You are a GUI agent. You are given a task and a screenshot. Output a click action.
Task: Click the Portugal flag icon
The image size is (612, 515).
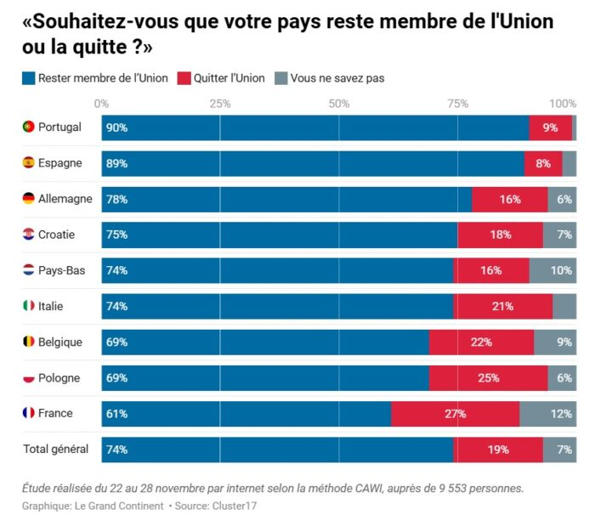point(28,127)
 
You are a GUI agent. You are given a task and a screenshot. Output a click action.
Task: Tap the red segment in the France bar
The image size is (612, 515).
point(455,414)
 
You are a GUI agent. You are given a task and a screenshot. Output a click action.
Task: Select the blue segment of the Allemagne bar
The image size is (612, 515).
point(286,199)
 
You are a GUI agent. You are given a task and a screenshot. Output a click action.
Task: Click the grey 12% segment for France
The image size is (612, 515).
point(547,414)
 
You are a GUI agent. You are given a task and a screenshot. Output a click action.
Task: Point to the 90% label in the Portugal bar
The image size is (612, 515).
point(116,127)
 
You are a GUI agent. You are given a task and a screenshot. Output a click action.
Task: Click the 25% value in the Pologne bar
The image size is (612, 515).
point(488,378)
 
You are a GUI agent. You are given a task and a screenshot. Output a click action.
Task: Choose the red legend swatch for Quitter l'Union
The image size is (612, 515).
point(183,78)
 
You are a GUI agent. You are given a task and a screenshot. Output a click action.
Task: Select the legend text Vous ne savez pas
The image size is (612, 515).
point(337,78)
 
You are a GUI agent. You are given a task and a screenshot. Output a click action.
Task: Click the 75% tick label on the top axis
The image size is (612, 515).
point(457,104)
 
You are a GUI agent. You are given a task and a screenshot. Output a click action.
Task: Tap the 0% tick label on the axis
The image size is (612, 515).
point(101,104)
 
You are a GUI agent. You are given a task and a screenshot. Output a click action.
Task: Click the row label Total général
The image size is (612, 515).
point(57,449)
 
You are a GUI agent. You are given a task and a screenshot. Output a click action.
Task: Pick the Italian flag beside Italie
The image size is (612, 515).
point(28,306)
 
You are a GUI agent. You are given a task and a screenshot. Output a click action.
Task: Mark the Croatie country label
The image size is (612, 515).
point(56,235)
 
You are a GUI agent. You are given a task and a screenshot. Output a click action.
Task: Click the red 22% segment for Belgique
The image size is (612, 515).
point(481,342)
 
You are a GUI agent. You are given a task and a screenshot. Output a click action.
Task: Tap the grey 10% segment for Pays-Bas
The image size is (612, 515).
point(552,270)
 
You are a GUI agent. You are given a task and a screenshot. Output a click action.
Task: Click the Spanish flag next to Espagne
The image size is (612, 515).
point(28,163)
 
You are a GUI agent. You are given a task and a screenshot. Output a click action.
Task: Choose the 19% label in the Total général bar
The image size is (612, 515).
point(498,450)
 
